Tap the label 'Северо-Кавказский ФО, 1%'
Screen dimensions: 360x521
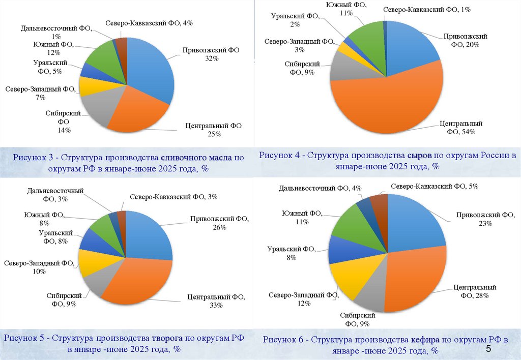pyautogui.click(x=427, y=10)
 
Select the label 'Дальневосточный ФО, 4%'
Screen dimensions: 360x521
pyautogui.click(x=320, y=189)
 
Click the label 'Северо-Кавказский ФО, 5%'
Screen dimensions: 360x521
pyautogui.click(x=435, y=187)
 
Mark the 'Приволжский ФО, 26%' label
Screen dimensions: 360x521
pyautogui.click(x=219, y=223)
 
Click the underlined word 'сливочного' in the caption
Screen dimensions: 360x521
pyautogui.click(x=182, y=158)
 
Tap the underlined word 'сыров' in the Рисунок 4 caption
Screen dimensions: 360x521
pyautogui.click(x=420, y=155)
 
